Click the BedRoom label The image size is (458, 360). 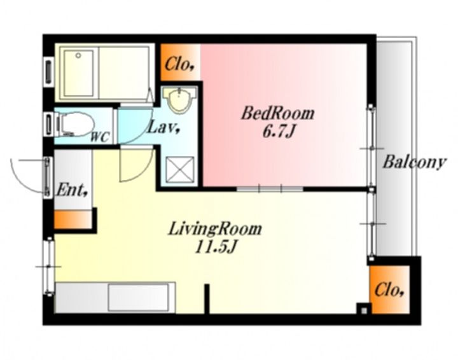[x=278, y=114]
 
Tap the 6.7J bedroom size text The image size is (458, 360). [x=277, y=132]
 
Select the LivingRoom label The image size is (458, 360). [x=215, y=229]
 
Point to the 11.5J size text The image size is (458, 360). [x=215, y=248]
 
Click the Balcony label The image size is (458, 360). [x=414, y=162]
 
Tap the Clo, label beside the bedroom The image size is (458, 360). [x=179, y=64]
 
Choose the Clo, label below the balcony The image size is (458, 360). [x=389, y=290]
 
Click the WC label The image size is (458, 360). [x=100, y=137]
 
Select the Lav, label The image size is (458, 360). [x=163, y=128]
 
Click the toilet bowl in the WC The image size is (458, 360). [x=75, y=125]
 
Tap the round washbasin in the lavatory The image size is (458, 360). [x=179, y=100]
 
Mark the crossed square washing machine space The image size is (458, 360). [x=179, y=170]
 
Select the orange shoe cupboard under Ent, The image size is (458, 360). [x=73, y=219]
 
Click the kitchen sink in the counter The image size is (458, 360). [x=138, y=298]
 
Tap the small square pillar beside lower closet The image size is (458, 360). [x=364, y=310]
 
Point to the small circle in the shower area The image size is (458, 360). [x=78, y=55]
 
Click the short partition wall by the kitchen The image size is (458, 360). [x=207, y=299]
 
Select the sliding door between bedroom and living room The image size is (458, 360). [x=270, y=189]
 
